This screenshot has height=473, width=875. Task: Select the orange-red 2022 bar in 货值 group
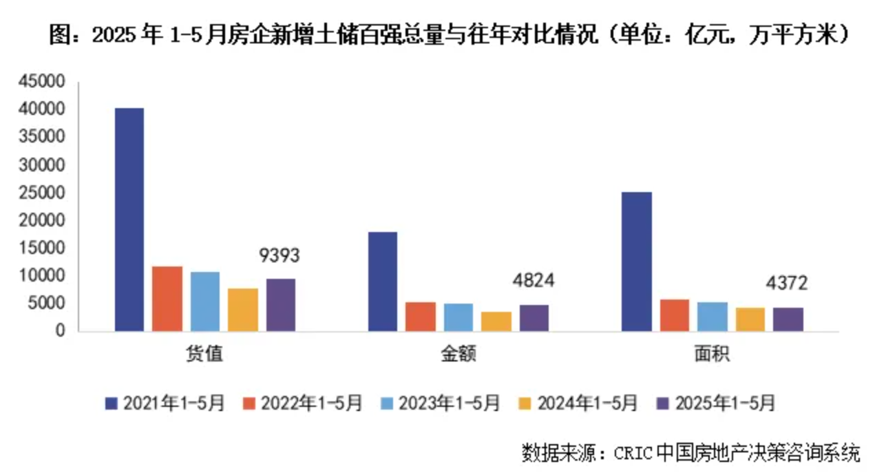[x=167, y=298]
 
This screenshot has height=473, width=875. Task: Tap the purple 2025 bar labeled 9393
[x=281, y=304]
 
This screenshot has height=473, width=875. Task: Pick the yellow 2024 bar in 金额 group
[x=496, y=321]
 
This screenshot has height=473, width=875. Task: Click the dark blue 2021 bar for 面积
[x=636, y=261]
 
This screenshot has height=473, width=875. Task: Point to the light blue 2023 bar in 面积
[x=712, y=316]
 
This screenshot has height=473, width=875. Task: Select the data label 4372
[x=787, y=282]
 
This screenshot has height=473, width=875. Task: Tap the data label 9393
[x=280, y=255]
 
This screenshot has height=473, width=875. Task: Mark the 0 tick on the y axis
[x=60, y=331]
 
